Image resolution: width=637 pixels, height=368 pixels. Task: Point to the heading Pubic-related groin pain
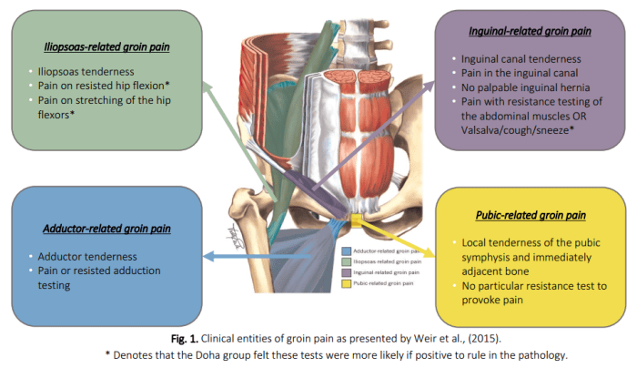531,217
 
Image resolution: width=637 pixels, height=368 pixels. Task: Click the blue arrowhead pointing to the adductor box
206,259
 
